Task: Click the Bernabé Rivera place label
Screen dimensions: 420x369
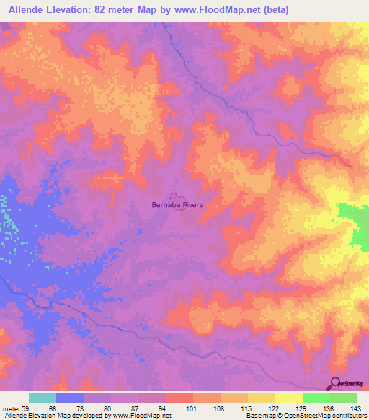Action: pyautogui.click(x=177, y=205)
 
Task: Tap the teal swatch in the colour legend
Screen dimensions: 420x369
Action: pyautogui.click(x=42, y=398)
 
